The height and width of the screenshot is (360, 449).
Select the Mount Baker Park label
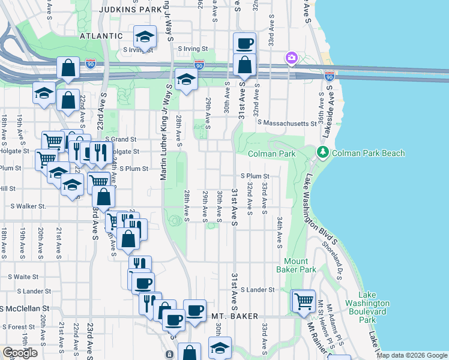tap(296, 265)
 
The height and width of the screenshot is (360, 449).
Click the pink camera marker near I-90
tap(291, 58)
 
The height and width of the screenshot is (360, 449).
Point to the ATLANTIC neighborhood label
tap(101, 36)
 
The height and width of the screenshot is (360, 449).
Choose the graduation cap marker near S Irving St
tap(145, 38)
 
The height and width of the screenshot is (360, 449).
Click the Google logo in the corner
tap(19, 353)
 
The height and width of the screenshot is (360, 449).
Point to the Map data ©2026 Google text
tap(412, 355)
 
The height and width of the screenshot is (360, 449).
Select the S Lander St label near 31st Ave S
tap(258, 289)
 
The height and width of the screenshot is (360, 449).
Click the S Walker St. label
tap(28, 206)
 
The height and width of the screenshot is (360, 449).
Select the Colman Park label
tap(272, 154)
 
